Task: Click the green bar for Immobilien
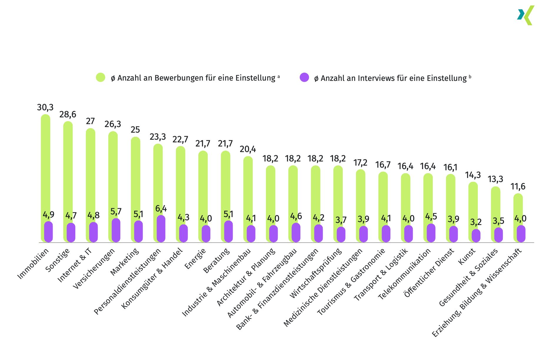[45, 165]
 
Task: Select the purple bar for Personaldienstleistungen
[161, 229]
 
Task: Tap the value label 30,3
[45, 107]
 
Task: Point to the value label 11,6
[518, 186]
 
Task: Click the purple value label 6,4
[161, 209]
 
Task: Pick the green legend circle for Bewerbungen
[101, 77]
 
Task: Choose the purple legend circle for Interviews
[304, 77]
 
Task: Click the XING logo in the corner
[526, 15]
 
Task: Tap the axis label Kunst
[467, 257]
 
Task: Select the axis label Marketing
[124, 262]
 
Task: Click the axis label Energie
[195, 259]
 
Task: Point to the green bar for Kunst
[473, 203]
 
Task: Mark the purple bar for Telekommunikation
[431, 233]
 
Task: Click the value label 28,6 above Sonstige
[68, 114]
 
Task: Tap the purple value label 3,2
[476, 222]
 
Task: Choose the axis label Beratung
[217, 261]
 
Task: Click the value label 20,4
[248, 149]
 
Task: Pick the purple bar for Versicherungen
[116, 230]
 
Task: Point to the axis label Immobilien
[33, 264]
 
